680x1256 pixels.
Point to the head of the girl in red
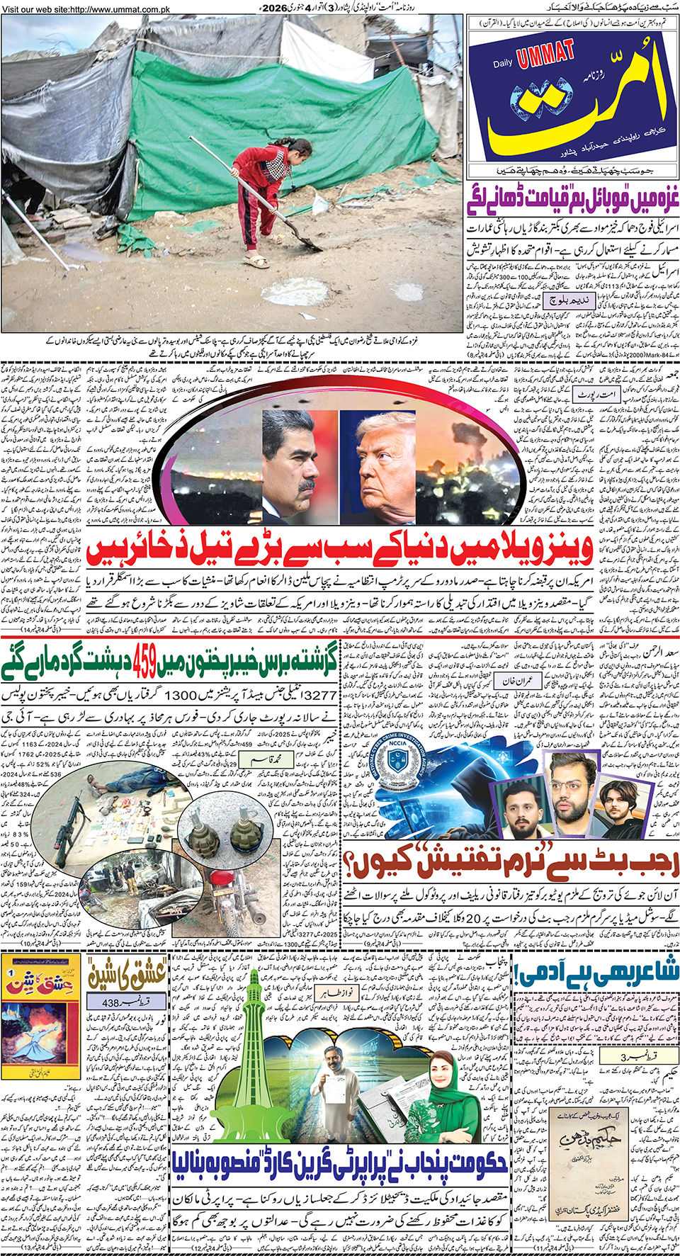pyautogui.click(x=300, y=148)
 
